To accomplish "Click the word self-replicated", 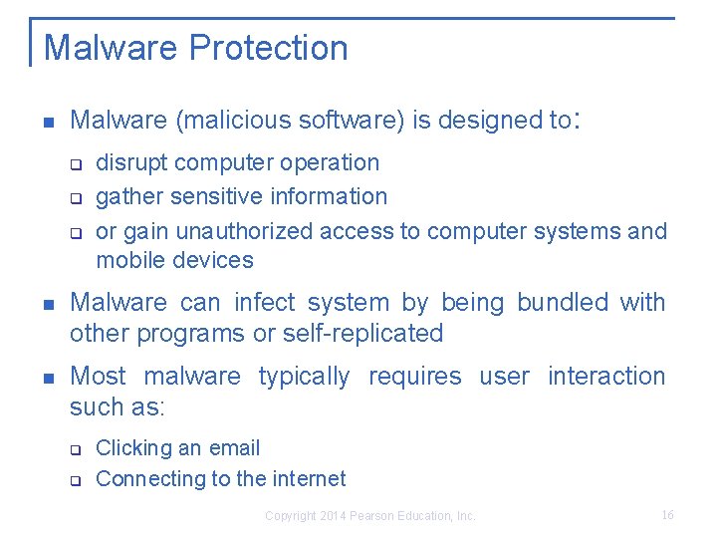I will click(363, 333).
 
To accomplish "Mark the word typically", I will click(304, 377).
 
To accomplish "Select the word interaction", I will click(605, 377).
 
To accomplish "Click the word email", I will click(234, 448).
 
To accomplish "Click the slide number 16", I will click(667, 515).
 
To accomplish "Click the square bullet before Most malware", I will click(45, 378).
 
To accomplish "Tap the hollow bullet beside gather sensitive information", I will click(75, 198).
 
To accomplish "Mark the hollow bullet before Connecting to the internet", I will click(75, 480).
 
